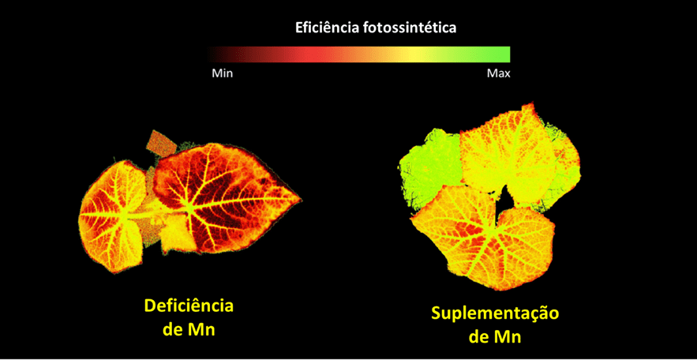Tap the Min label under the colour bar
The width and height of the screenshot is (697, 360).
[222, 73]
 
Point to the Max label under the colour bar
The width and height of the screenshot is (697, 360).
[498, 73]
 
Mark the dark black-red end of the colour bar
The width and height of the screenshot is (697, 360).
[217, 54]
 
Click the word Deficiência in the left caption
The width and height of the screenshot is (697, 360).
[189, 306]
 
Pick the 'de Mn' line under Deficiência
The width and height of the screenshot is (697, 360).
[189, 329]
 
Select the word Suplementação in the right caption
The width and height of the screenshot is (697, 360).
[495, 313]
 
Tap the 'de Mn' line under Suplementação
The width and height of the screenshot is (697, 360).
[495, 336]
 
